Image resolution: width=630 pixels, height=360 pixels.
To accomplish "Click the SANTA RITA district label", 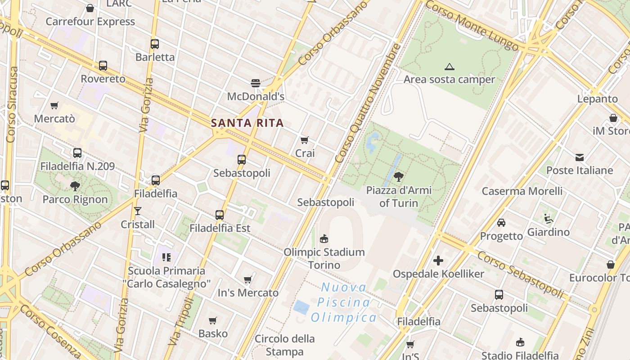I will [x=247, y=123].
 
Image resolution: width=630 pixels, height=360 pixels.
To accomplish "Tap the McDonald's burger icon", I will [x=256, y=83].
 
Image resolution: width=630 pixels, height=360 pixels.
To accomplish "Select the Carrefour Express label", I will [x=90, y=22].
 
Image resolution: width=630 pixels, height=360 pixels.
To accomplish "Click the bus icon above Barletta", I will [x=155, y=44].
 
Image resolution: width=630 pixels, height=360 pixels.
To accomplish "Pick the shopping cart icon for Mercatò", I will [x=54, y=106].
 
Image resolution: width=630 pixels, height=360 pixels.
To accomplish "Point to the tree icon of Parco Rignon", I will [x=75, y=186].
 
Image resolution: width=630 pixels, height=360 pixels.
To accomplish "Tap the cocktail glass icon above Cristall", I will [x=138, y=211].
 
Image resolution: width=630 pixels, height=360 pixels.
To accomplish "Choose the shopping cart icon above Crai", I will [x=305, y=140].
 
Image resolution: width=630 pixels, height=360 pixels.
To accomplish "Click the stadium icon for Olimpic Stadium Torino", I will [x=324, y=238].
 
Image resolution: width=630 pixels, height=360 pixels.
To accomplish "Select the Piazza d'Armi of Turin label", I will [x=399, y=197].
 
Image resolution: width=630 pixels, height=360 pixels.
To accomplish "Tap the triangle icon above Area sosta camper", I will [x=449, y=67].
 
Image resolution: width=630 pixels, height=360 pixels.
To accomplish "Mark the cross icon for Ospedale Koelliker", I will [x=438, y=261].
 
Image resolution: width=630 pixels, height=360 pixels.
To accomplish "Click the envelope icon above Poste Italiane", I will [x=580, y=157].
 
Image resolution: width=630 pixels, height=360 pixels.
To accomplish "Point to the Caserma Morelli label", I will [x=522, y=191].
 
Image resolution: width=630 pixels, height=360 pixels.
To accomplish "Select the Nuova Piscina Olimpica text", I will [x=344, y=302].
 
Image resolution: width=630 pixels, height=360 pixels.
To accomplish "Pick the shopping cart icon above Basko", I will [x=213, y=321].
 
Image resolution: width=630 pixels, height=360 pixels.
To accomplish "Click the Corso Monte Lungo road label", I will [x=472, y=25].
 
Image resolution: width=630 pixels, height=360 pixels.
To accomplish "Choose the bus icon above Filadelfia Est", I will [x=220, y=215].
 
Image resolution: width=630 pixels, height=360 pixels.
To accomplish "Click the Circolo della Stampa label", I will [x=285, y=345].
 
